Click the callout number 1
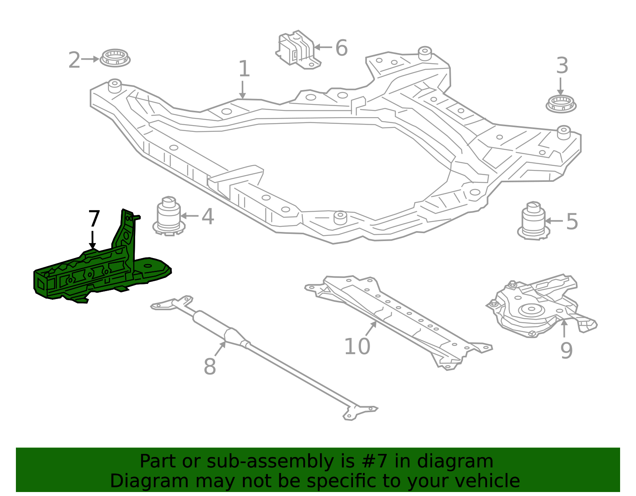point(244,69)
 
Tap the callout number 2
point(74,60)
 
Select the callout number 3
point(562,66)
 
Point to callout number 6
point(341,48)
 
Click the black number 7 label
point(94,219)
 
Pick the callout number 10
point(357,346)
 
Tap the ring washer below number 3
point(561,104)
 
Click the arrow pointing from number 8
point(220,349)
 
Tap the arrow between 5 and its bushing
point(554,221)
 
